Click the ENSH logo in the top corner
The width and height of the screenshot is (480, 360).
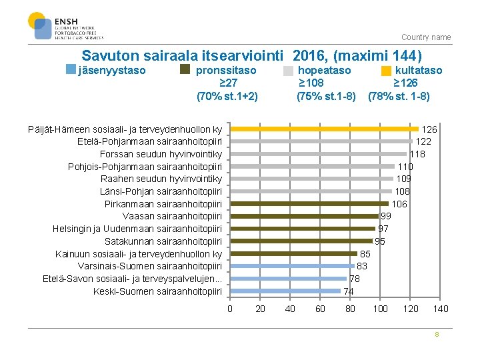point(65,27)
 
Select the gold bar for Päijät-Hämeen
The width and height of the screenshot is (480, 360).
point(324,129)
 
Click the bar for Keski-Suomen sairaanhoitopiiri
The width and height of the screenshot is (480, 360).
point(285,291)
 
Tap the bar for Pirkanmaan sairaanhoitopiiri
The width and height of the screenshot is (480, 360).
point(309,203)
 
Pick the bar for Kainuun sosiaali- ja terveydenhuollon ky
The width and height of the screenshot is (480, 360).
point(294,253)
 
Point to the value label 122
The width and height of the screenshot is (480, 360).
point(423,141)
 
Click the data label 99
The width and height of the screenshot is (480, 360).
point(386,216)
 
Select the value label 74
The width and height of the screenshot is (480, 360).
point(349,291)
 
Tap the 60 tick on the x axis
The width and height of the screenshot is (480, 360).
point(320,309)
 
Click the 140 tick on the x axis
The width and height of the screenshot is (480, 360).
point(441,309)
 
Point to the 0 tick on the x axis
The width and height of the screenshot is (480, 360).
point(230,309)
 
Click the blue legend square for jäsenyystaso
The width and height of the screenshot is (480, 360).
point(72,69)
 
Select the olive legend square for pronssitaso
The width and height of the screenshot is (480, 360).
point(185,69)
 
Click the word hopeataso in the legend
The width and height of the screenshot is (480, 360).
point(324,70)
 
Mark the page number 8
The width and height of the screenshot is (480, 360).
point(437,335)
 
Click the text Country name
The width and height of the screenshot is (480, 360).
point(426,37)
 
